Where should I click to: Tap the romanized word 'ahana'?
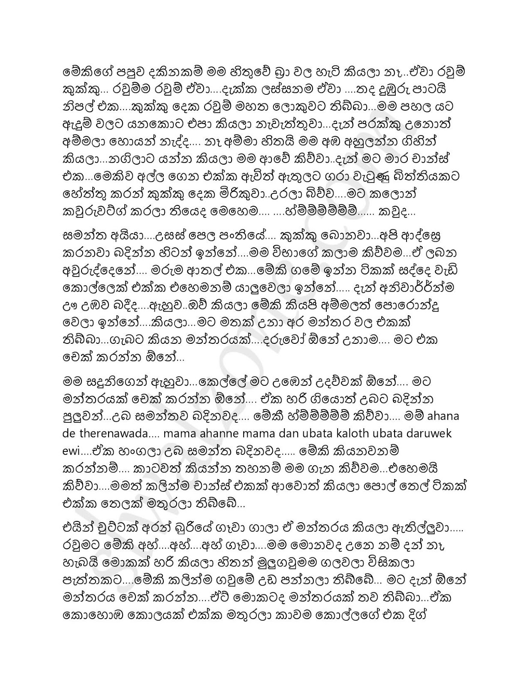pos(441,416)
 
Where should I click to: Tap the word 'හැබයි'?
pos(82,563)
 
